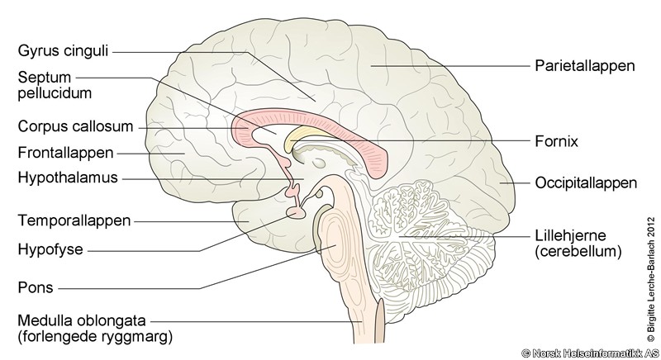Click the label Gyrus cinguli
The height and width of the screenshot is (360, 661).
tap(64, 51)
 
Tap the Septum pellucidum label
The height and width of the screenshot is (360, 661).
tap(55, 85)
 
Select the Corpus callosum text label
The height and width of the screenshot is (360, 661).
tap(75, 126)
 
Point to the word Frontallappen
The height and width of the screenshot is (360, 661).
tap(66, 153)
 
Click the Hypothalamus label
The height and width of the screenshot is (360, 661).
tap(68, 178)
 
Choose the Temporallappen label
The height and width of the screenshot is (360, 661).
tap(74, 220)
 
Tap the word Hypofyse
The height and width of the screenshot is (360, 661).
tap(50, 249)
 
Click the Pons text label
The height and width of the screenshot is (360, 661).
tap(36, 287)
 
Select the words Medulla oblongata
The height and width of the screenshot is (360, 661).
tap(82, 321)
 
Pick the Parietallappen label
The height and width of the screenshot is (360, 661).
tap(585, 66)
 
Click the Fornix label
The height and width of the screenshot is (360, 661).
tap(556, 141)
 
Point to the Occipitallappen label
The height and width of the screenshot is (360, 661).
tap(586, 183)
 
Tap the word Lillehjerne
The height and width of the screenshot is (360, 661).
tap(570, 235)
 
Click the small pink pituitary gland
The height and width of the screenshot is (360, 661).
tap(296, 213)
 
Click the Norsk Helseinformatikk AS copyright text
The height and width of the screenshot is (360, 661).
tap(590, 353)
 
